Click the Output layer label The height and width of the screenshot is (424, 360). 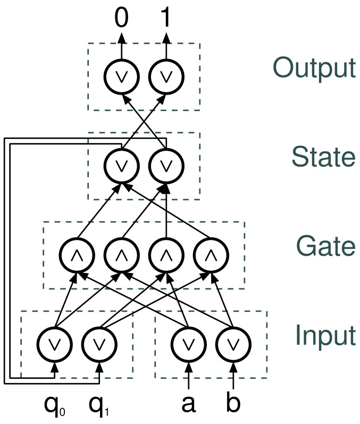tap(314, 68)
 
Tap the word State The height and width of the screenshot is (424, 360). tap(323, 156)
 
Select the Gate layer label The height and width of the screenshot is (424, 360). tap(326, 246)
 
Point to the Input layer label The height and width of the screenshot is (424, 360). tap(325, 335)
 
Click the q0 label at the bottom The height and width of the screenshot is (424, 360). tap(55, 405)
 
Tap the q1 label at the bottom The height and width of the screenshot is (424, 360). tap(99, 405)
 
